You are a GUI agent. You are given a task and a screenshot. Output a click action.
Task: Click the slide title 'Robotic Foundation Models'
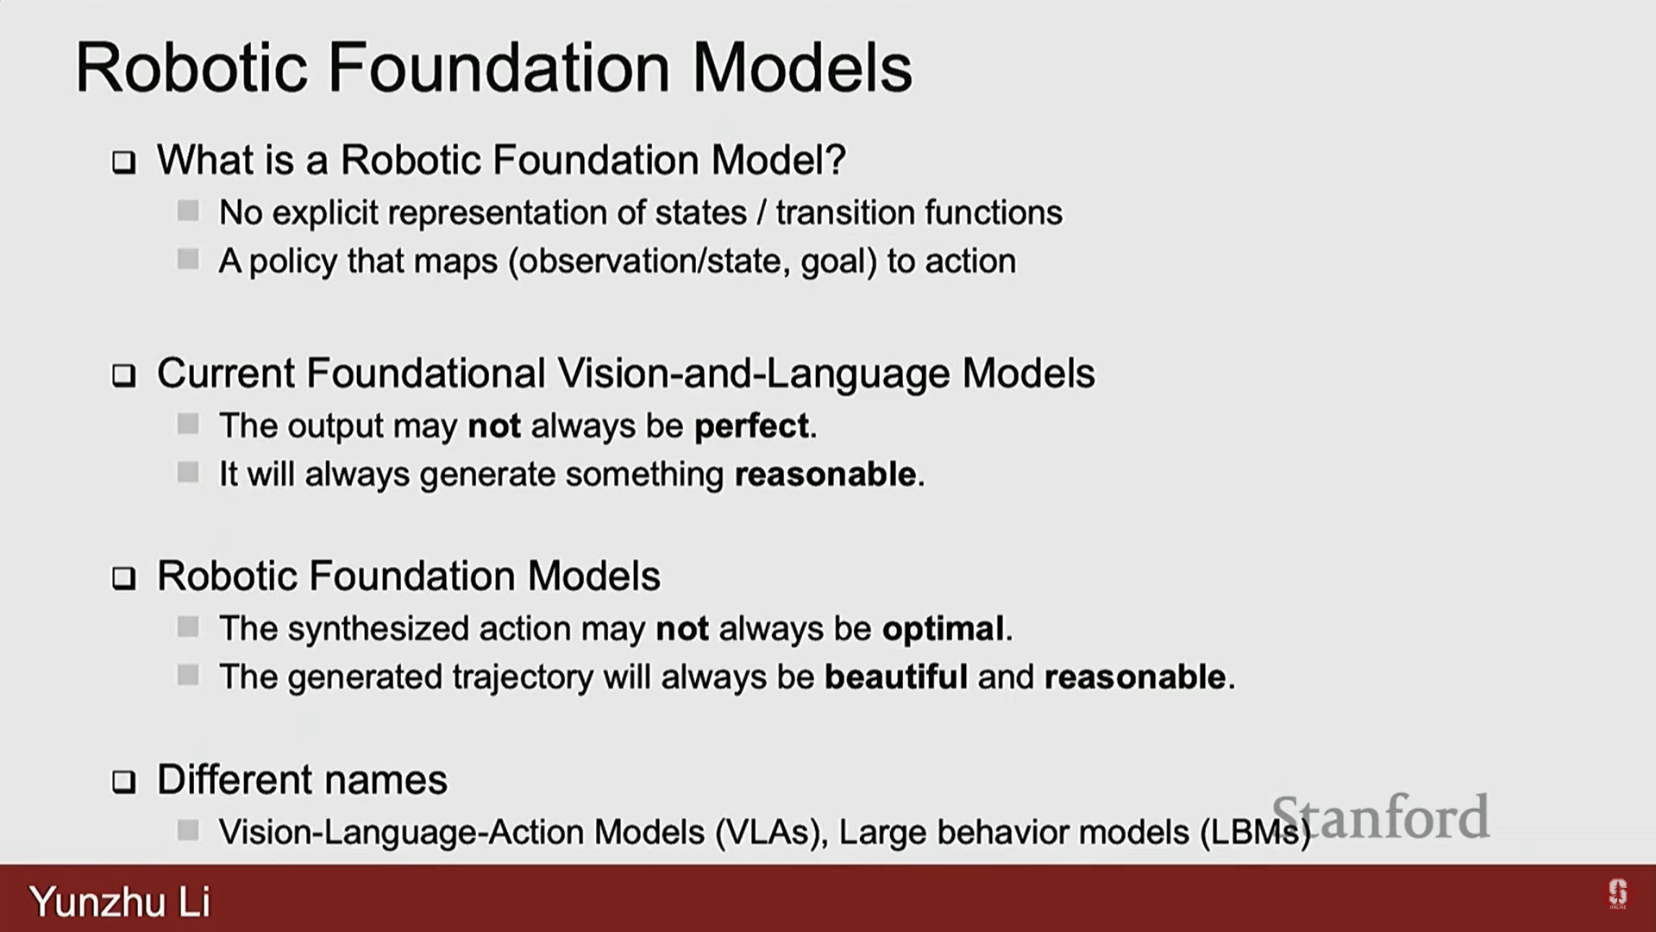493,67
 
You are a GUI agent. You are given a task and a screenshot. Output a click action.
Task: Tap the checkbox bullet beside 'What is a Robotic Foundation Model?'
124,162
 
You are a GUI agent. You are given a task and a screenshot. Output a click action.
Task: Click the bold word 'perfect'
751,426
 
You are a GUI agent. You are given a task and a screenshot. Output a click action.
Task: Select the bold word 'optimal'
943,628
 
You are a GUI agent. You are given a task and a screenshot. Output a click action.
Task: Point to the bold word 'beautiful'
896,677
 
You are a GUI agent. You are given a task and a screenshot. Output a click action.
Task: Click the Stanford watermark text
1381,816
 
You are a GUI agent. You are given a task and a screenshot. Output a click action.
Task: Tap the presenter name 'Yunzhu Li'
120,902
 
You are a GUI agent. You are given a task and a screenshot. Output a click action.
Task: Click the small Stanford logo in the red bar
1617,893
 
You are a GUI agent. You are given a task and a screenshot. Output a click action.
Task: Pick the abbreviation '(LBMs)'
1255,833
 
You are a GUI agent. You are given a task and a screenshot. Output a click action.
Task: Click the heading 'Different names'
302,780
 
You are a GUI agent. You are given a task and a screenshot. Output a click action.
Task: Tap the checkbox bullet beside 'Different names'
124,782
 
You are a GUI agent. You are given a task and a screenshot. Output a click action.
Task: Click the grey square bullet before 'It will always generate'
188,472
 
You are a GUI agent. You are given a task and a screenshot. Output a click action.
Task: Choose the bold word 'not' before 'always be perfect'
494,426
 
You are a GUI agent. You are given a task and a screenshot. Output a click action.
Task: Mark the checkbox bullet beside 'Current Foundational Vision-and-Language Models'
124,375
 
